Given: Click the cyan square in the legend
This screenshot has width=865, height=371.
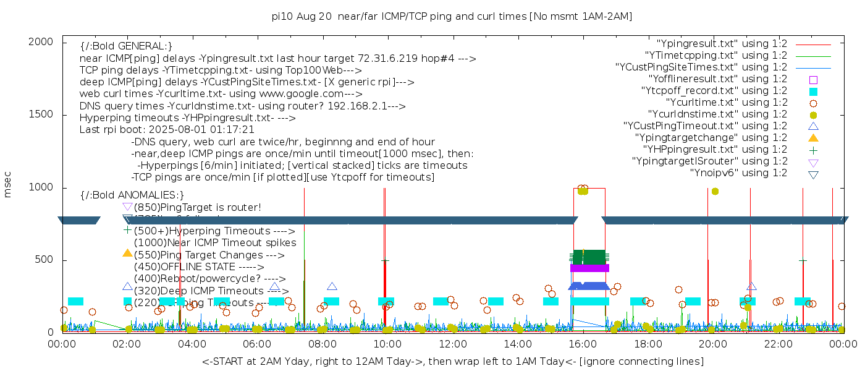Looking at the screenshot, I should point(813,92).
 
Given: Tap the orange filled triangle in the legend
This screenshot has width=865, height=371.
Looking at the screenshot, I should point(813,137).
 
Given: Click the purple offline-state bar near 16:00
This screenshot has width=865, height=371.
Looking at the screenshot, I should point(589,268).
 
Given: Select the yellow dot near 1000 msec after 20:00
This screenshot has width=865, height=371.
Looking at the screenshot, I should point(715,191).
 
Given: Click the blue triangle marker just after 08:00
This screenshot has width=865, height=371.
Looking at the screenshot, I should point(332,286).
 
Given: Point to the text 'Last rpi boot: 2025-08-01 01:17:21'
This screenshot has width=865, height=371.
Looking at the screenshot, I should point(167,130).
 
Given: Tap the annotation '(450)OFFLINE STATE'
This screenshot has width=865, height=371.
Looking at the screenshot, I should point(186,267).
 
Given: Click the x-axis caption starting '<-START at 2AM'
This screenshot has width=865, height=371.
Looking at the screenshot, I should point(453,361).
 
